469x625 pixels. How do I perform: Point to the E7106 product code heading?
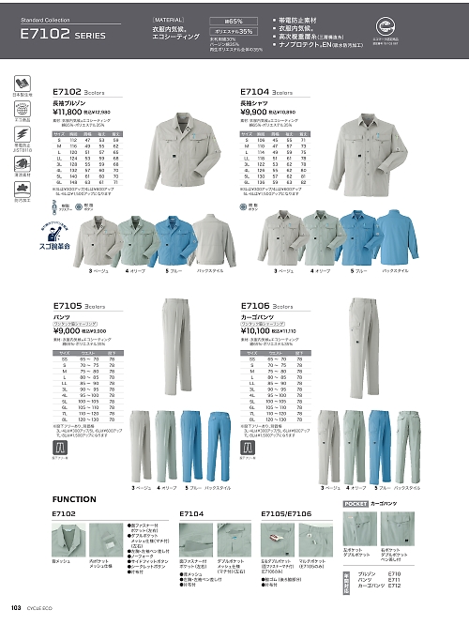[253, 305]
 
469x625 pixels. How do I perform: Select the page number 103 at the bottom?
[16, 609]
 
